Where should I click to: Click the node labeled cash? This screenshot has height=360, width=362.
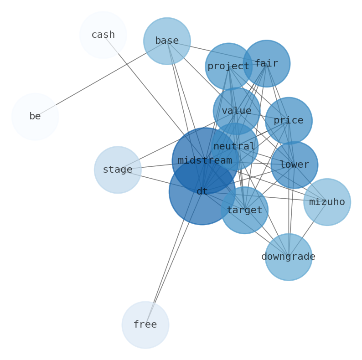pos(103,35)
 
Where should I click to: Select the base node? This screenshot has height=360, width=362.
pos(167,41)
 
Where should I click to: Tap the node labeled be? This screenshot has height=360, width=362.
pos(35,117)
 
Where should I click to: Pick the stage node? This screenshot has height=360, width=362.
pos(118,170)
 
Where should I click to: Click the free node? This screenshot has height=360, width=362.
pos(145,325)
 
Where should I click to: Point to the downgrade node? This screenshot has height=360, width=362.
pos(289,257)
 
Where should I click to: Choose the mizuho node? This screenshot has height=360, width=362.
pos(327,202)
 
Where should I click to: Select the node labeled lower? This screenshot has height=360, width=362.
pos(294,165)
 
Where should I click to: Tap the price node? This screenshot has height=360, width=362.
pos(289,121)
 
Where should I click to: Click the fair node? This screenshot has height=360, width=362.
pos(266,64)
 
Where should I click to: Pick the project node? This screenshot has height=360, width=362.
pos(228,67)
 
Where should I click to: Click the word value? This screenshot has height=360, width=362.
pos(237,111)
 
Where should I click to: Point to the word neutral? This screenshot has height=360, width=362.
pos(234,146)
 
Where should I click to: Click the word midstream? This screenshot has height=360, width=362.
pos(205,160)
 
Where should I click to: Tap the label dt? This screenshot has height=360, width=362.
pos(202,192)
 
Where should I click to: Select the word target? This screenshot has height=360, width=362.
pos(244,210)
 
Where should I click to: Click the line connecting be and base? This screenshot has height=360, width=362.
pos(100,79)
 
